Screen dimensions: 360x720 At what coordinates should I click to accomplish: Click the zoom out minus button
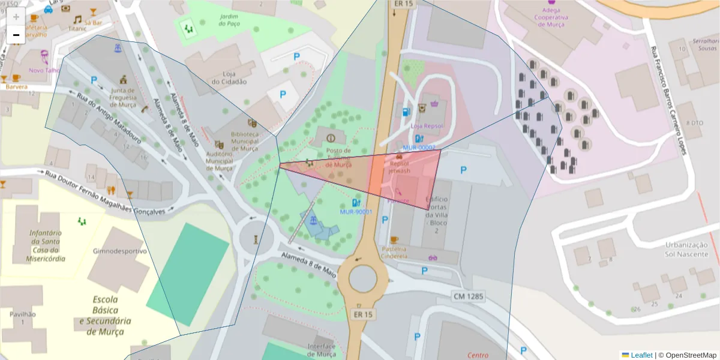(x=16, y=35)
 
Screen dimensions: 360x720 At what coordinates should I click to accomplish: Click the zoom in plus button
(x=16, y=17)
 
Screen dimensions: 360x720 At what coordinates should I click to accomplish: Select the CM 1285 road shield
(x=468, y=296)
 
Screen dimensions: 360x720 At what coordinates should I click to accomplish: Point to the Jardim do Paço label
(x=230, y=20)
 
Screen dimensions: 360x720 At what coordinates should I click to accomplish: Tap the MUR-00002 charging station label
(x=419, y=148)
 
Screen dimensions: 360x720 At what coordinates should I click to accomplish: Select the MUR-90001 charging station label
(x=356, y=211)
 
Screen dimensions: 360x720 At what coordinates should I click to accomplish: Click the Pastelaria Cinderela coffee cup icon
(x=394, y=239)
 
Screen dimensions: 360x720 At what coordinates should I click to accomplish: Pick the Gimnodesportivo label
(x=119, y=251)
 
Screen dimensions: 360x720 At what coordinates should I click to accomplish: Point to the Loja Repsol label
(x=426, y=126)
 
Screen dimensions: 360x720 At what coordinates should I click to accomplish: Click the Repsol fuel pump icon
(x=406, y=112)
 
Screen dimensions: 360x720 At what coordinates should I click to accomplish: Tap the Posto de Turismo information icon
(x=331, y=139)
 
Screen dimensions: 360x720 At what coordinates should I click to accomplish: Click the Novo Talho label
(x=44, y=70)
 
